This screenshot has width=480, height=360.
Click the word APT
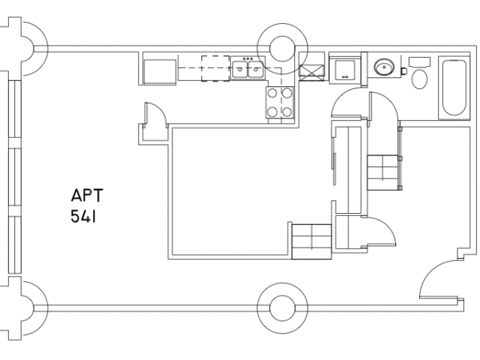(x=87, y=195)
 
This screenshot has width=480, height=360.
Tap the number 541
(x=83, y=216)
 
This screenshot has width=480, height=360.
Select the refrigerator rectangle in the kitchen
(x=160, y=71)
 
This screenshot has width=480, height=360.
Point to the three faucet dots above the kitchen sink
(x=247, y=58)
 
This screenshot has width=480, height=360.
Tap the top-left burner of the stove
(x=272, y=93)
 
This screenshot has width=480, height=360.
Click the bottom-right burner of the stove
(x=286, y=112)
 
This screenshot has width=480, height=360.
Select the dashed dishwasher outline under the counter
(x=215, y=68)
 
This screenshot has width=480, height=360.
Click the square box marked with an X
(x=311, y=73)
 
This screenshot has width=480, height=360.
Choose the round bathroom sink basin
(x=384, y=67)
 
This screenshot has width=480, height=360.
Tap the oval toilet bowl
(x=420, y=79)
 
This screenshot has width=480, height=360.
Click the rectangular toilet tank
(x=420, y=61)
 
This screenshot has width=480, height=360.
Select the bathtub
(x=454, y=88)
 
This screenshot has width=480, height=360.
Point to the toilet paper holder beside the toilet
(x=404, y=71)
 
